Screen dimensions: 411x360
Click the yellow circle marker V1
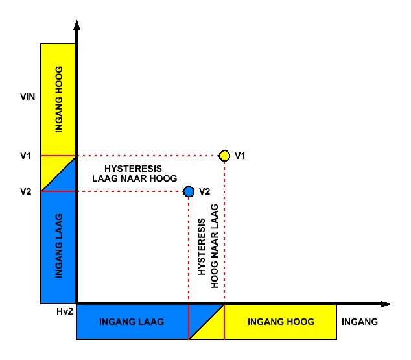pos(224,156)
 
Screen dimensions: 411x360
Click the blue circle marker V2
pos(189,191)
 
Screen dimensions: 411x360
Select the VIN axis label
pos(27,97)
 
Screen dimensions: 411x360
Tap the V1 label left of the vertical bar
pos(25,156)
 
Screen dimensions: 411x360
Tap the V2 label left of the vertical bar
pos(26,191)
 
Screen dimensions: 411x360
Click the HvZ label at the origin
pos(65,311)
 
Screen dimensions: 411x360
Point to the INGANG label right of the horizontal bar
pos(360,322)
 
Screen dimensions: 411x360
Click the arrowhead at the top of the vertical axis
pos(76,25)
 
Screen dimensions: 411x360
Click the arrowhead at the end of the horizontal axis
pos(386,304)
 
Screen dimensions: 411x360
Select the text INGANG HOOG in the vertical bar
pos(59,99)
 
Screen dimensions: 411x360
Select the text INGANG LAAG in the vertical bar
pos(59,246)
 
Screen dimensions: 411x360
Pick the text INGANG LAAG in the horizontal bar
pos(132,322)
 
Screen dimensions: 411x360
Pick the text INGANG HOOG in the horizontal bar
pos(281,322)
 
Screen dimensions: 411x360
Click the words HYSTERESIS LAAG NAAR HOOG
pos(134,174)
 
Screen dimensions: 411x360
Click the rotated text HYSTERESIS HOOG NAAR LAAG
pos(208,246)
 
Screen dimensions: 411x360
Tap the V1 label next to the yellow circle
pos(240,156)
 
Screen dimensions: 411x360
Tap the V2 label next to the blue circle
pos(205,191)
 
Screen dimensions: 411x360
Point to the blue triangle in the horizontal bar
pos(200,316)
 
